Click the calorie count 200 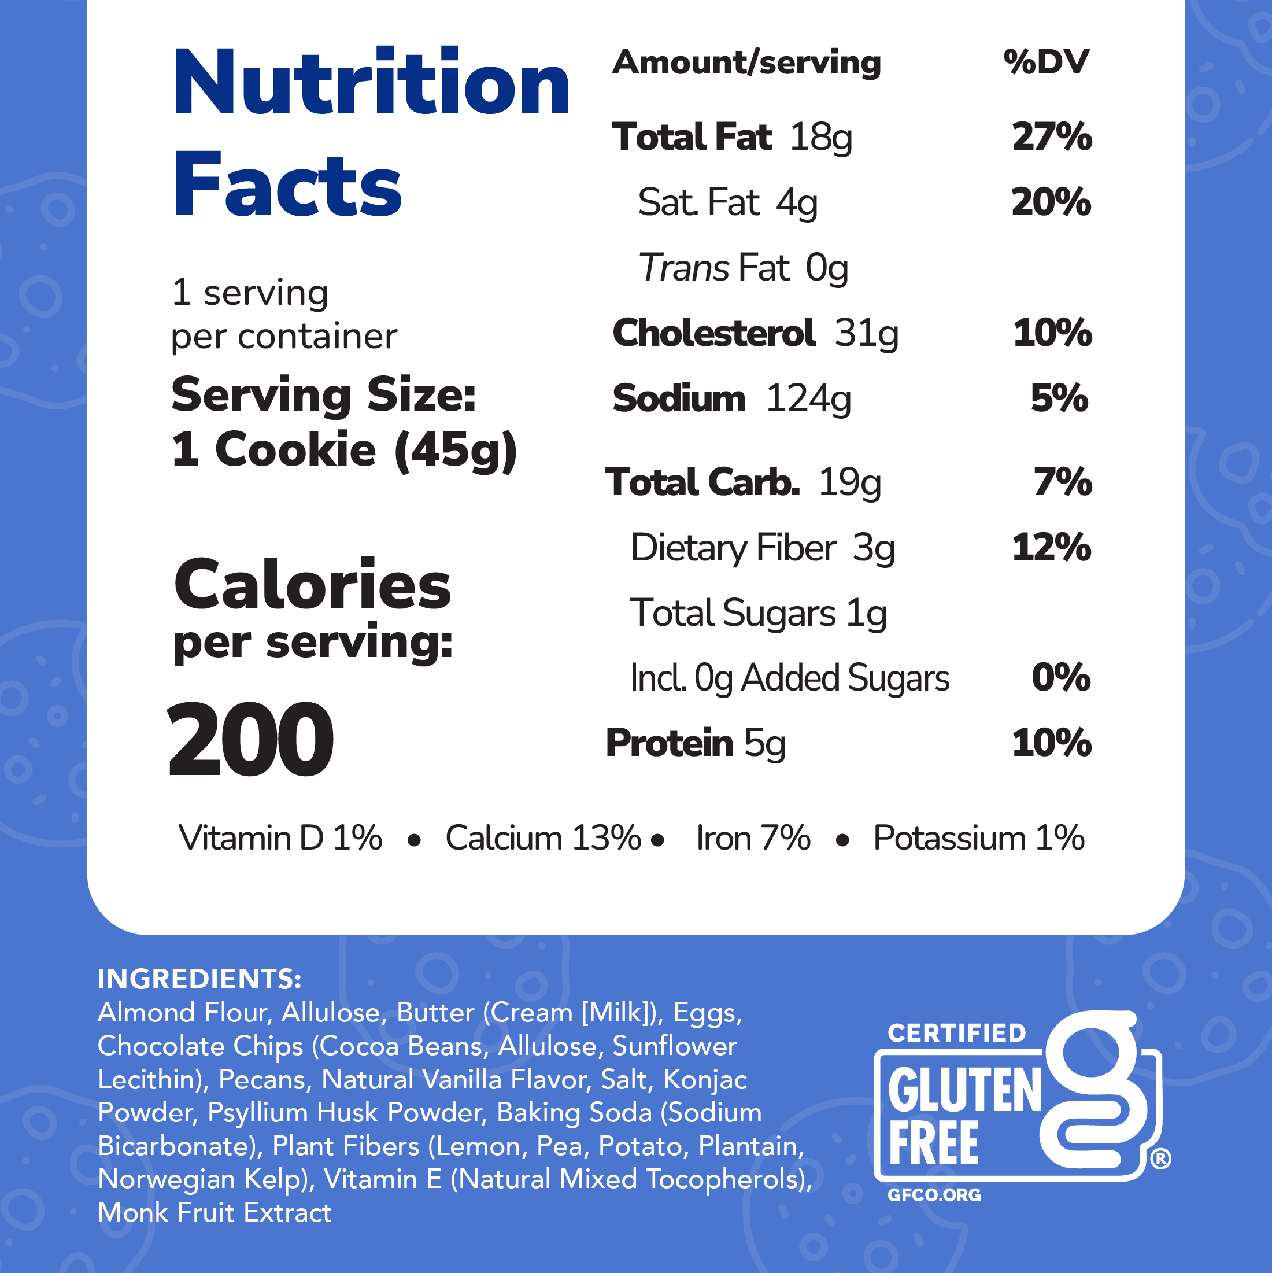pyautogui.click(x=250, y=740)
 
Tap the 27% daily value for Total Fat pyautogui.click(x=1051, y=137)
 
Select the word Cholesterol pyautogui.click(x=714, y=333)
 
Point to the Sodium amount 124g pyautogui.click(x=808, y=398)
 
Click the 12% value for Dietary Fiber pyautogui.click(x=1051, y=548)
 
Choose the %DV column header pyautogui.click(x=1046, y=62)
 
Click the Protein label pyautogui.click(x=668, y=743)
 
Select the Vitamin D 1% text pyautogui.click(x=280, y=839)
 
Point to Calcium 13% pyautogui.click(x=543, y=839)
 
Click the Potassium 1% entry pyautogui.click(x=978, y=839)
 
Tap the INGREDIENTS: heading pyautogui.click(x=199, y=979)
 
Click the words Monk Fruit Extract pyautogui.click(x=215, y=1213)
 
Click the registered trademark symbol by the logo pyautogui.click(x=1160, y=1158)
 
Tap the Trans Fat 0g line pyautogui.click(x=743, y=268)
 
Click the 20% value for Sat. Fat pyautogui.click(x=1051, y=202)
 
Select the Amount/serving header pyautogui.click(x=746, y=63)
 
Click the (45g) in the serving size pyautogui.click(x=456, y=450)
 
